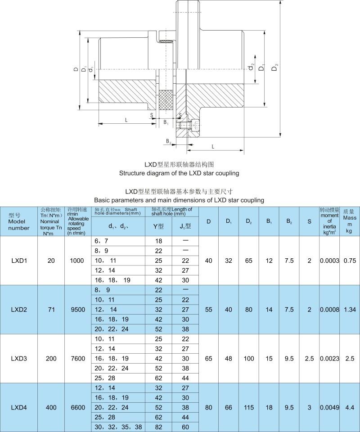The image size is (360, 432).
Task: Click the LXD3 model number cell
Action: tap(18, 359)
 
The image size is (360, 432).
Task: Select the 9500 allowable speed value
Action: tap(78, 310)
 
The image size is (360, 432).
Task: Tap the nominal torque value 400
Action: tap(51, 408)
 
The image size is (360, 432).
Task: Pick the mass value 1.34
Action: tap(350, 310)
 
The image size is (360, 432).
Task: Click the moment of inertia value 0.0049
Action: tap(329, 408)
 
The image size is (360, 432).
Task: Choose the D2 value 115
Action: tap(248, 408)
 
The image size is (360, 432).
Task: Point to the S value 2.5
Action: tap(309, 359)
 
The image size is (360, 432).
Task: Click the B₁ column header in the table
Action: tap(269, 221)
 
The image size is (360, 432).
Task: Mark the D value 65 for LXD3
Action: tap(209, 359)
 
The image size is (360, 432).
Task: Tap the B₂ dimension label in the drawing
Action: tap(168, 141)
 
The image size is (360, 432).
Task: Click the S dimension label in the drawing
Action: tap(152, 115)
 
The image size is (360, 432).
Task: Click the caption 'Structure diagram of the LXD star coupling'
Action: tap(179, 173)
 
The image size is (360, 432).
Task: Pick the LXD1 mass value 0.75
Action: tap(350, 261)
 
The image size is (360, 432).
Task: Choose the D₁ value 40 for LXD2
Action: tap(229, 310)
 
